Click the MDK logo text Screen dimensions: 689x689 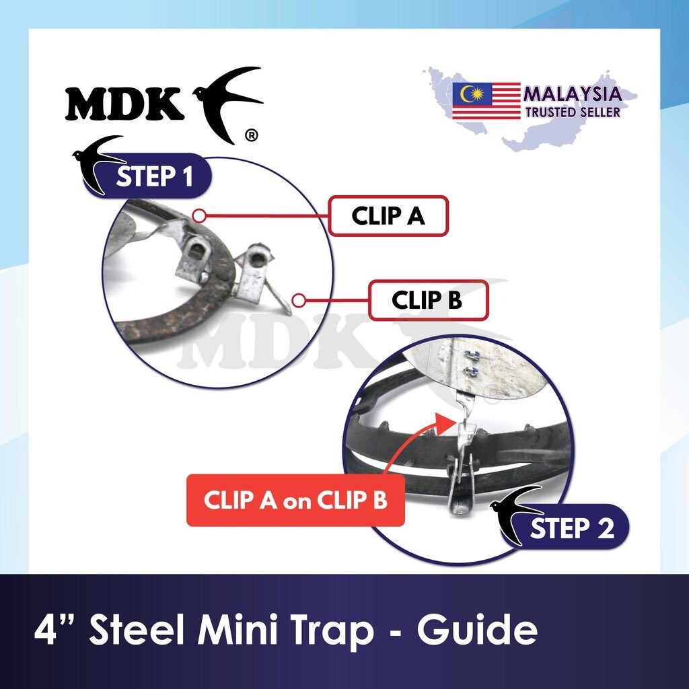pos(124,104)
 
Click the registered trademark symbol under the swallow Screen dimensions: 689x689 pos(251,136)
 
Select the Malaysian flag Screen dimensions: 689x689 pos(486,101)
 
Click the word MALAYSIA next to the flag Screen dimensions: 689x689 pos(573,94)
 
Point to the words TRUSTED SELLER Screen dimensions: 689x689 pos(573,112)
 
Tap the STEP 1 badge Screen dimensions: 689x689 pos(148,176)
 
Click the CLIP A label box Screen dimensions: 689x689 pos(388,216)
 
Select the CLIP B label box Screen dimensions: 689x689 pos(428,300)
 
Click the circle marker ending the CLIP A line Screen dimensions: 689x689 pos(199,216)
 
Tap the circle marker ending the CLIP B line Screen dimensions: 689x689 pos(299,301)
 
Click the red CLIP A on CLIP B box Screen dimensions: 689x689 pos(295,500)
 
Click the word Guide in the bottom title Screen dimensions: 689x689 pos(477,630)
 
